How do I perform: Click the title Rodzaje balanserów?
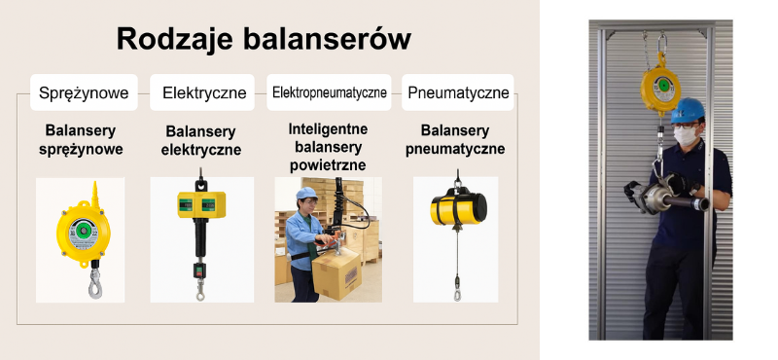point(263,39)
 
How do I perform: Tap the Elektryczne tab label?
point(203,93)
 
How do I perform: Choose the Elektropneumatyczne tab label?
point(329,93)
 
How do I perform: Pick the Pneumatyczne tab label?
point(458,93)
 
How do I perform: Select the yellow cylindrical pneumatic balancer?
point(458,206)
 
